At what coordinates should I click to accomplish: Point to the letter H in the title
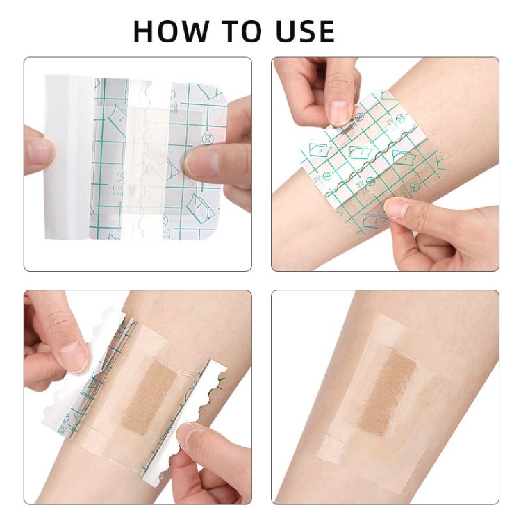pos(144,31)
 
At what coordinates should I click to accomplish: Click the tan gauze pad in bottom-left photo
pos(149,397)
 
